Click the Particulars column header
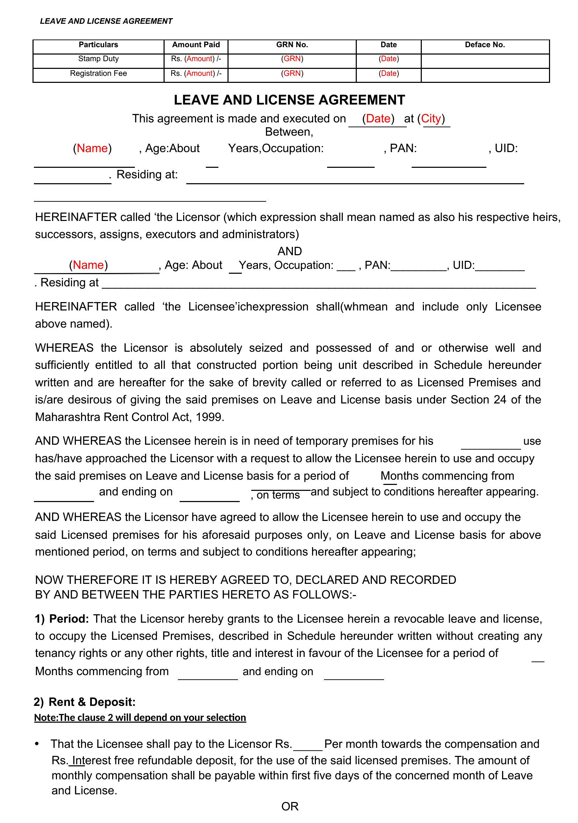pos(98,45)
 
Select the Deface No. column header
pos(484,45)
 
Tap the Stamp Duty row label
pos(98,59)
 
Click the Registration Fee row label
pos(98,73)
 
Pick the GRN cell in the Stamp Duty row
pos(292,59)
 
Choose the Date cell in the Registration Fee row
pos(389,73)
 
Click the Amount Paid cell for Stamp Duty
pos(196,59)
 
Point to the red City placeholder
pos(433,119)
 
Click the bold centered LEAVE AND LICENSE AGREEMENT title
pos(289,100)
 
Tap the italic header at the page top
pos(106,21)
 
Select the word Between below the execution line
pos(288,132)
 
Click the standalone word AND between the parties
pos(290,251)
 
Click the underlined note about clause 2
pos(140,717)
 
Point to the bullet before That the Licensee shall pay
pos(37,744)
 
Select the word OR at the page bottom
pos(290,806)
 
